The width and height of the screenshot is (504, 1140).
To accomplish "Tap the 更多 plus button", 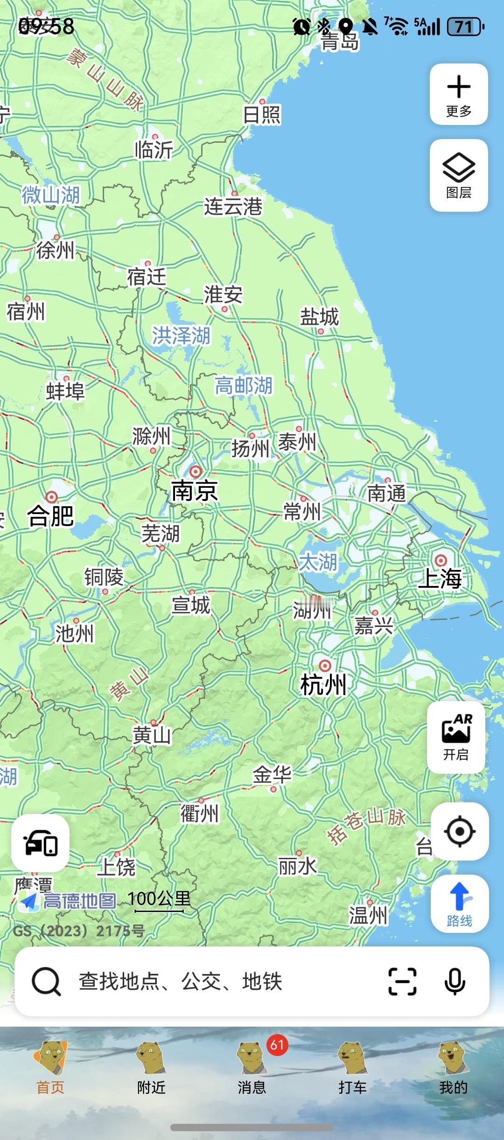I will point(459,94).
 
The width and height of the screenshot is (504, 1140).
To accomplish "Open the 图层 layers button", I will point(459,175).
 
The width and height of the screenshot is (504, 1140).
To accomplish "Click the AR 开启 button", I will point(456,737).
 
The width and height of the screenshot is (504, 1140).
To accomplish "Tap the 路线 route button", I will point(460,904).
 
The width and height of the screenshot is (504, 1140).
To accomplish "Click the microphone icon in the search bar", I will point(455,981).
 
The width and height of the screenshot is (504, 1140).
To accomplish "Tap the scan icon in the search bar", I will point(402,981).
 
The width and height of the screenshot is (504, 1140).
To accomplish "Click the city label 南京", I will point(195,491).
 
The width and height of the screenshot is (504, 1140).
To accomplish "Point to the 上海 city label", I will point(440,578).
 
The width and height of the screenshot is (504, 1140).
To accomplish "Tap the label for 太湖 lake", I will point(318,562).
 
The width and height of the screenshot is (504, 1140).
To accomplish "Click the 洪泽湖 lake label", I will point(181,336).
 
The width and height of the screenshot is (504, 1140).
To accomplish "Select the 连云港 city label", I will point(233,207).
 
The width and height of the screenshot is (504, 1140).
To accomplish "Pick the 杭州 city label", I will point(323,685).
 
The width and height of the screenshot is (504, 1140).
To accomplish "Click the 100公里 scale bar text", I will point(159,898).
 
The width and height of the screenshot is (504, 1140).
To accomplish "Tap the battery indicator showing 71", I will point(465,27).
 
